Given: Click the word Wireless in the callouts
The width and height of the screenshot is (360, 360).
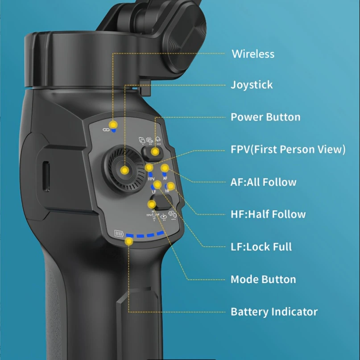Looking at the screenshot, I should click(x=252, y=54).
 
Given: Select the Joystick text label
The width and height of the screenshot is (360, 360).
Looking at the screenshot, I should click(x=251, y=85).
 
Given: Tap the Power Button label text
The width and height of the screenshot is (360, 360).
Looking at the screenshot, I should click(x=265, y=117).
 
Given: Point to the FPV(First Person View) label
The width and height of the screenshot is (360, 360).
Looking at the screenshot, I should click(x=288, y=149).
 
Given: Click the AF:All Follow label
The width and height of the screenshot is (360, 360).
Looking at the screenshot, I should click(x=263, y=182).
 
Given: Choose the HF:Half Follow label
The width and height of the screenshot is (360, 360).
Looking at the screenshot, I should click(x=268, y=214).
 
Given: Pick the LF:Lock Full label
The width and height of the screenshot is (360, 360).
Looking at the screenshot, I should click(x=261, y=247).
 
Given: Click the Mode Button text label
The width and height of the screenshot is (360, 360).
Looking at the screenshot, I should click(x=263, y=280).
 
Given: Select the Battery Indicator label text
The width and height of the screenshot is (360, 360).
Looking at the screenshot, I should click(x=274, y=312).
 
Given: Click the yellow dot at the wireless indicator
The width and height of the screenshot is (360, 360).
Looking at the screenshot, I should click(x=114, y=124).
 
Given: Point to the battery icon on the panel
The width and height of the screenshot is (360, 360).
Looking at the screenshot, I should click(x=118, y=233).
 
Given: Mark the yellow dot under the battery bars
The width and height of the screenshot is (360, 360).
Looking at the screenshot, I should click(x=129, y=241).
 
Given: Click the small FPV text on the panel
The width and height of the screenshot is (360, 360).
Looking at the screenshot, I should click(x=151, y=178).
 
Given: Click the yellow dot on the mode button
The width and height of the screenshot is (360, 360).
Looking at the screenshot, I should click(x=151, y=204).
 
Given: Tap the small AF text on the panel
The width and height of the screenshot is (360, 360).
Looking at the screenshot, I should click(x=165, y=178).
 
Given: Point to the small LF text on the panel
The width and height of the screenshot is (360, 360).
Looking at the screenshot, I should click(x=154, y=191).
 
